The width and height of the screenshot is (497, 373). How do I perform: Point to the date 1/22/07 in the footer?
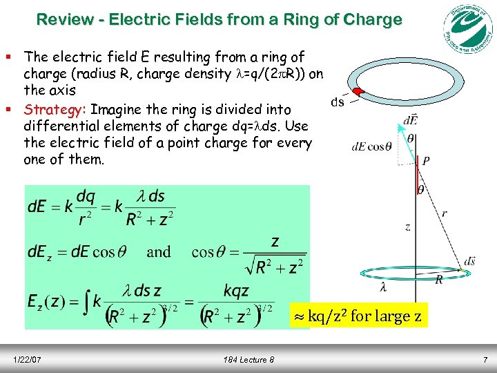coord(27,360)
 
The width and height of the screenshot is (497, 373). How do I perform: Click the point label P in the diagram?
coord(426,160)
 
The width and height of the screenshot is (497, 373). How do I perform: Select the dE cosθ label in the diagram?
coord(371,146)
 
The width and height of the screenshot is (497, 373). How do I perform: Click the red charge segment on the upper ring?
coord(358,92)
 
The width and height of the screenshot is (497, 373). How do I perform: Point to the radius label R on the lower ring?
coord(439,279)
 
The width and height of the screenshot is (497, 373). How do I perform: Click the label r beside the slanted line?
coord(443,214)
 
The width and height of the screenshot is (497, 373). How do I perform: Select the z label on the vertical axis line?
coord(408,227)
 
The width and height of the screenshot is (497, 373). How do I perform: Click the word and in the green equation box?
coord(159,251)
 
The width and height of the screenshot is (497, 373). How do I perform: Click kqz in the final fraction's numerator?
coord(237,290)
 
